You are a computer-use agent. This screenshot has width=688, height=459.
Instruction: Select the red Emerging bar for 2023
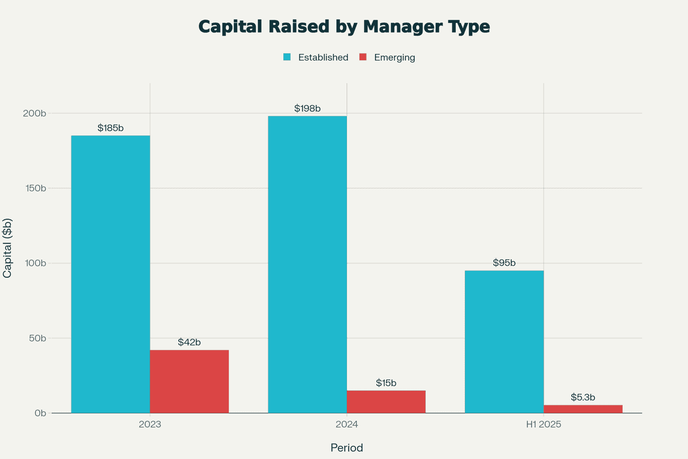coord(189,382)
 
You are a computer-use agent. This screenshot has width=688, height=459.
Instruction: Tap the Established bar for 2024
coord(307,264)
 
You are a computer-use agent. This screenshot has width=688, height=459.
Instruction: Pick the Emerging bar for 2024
coord(386,402)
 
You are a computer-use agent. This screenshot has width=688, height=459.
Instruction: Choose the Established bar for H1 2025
coord(504,341)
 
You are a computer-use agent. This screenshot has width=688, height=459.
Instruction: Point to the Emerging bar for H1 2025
coord(583,409)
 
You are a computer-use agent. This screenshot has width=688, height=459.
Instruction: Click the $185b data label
coord(111,128)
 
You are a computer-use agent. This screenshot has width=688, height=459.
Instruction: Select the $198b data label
coord(307,108)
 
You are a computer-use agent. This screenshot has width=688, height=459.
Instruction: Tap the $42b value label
coord(189,343)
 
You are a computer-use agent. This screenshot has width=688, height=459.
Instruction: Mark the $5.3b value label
coord(583,397)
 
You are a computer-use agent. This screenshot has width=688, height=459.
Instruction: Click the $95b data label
coord(504,263)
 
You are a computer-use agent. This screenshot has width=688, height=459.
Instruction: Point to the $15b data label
coord(386,383)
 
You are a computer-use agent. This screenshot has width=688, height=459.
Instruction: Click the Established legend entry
coord(323,57)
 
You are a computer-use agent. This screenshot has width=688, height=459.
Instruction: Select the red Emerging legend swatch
coord(363,57)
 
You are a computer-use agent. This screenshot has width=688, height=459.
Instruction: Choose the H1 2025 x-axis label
coord(544,425)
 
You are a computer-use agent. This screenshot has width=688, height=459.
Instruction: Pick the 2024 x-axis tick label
coord(347,425)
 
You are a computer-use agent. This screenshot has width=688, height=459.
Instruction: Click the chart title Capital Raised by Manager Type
coord(344,27)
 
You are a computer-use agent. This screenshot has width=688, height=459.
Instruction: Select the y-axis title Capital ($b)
coord(7,248)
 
